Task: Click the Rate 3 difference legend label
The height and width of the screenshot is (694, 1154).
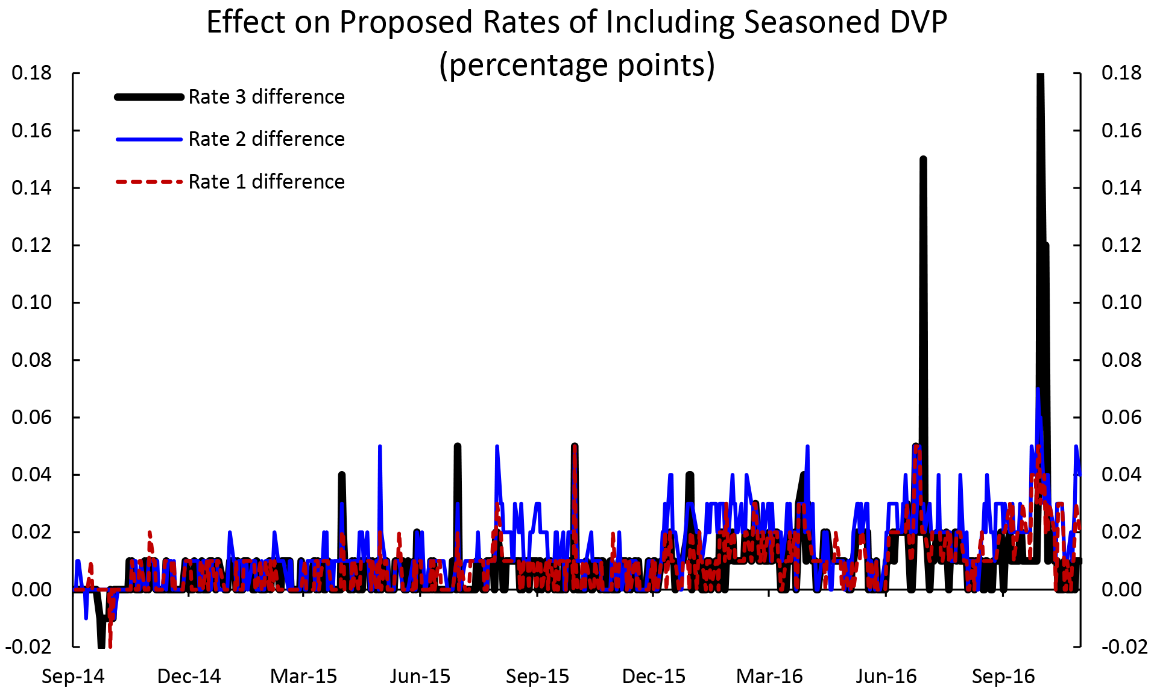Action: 266,97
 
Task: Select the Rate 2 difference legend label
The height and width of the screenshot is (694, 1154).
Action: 266,139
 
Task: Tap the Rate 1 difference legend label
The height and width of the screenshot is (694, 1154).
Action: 266,182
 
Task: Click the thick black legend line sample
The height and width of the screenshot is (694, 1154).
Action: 149,97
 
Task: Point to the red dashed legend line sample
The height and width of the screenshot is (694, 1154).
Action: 149,181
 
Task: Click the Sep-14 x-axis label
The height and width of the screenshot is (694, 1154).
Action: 73,677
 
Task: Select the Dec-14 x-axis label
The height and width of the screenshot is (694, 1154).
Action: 189,677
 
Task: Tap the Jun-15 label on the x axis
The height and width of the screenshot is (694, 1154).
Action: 420,677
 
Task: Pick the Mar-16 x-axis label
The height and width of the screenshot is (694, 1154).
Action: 769,677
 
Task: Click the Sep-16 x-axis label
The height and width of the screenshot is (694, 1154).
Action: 1003,677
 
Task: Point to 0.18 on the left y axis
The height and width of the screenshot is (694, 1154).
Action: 32,73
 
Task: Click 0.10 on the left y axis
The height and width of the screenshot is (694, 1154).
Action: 32,302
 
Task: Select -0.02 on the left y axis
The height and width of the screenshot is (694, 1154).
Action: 29,647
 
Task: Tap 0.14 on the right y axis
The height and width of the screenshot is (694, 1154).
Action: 1121,188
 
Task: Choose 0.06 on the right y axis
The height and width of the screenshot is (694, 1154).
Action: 1121,417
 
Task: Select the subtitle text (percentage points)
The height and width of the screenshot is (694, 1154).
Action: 576,65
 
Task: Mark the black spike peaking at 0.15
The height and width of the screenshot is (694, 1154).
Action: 923,160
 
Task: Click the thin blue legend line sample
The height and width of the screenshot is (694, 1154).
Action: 149,139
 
